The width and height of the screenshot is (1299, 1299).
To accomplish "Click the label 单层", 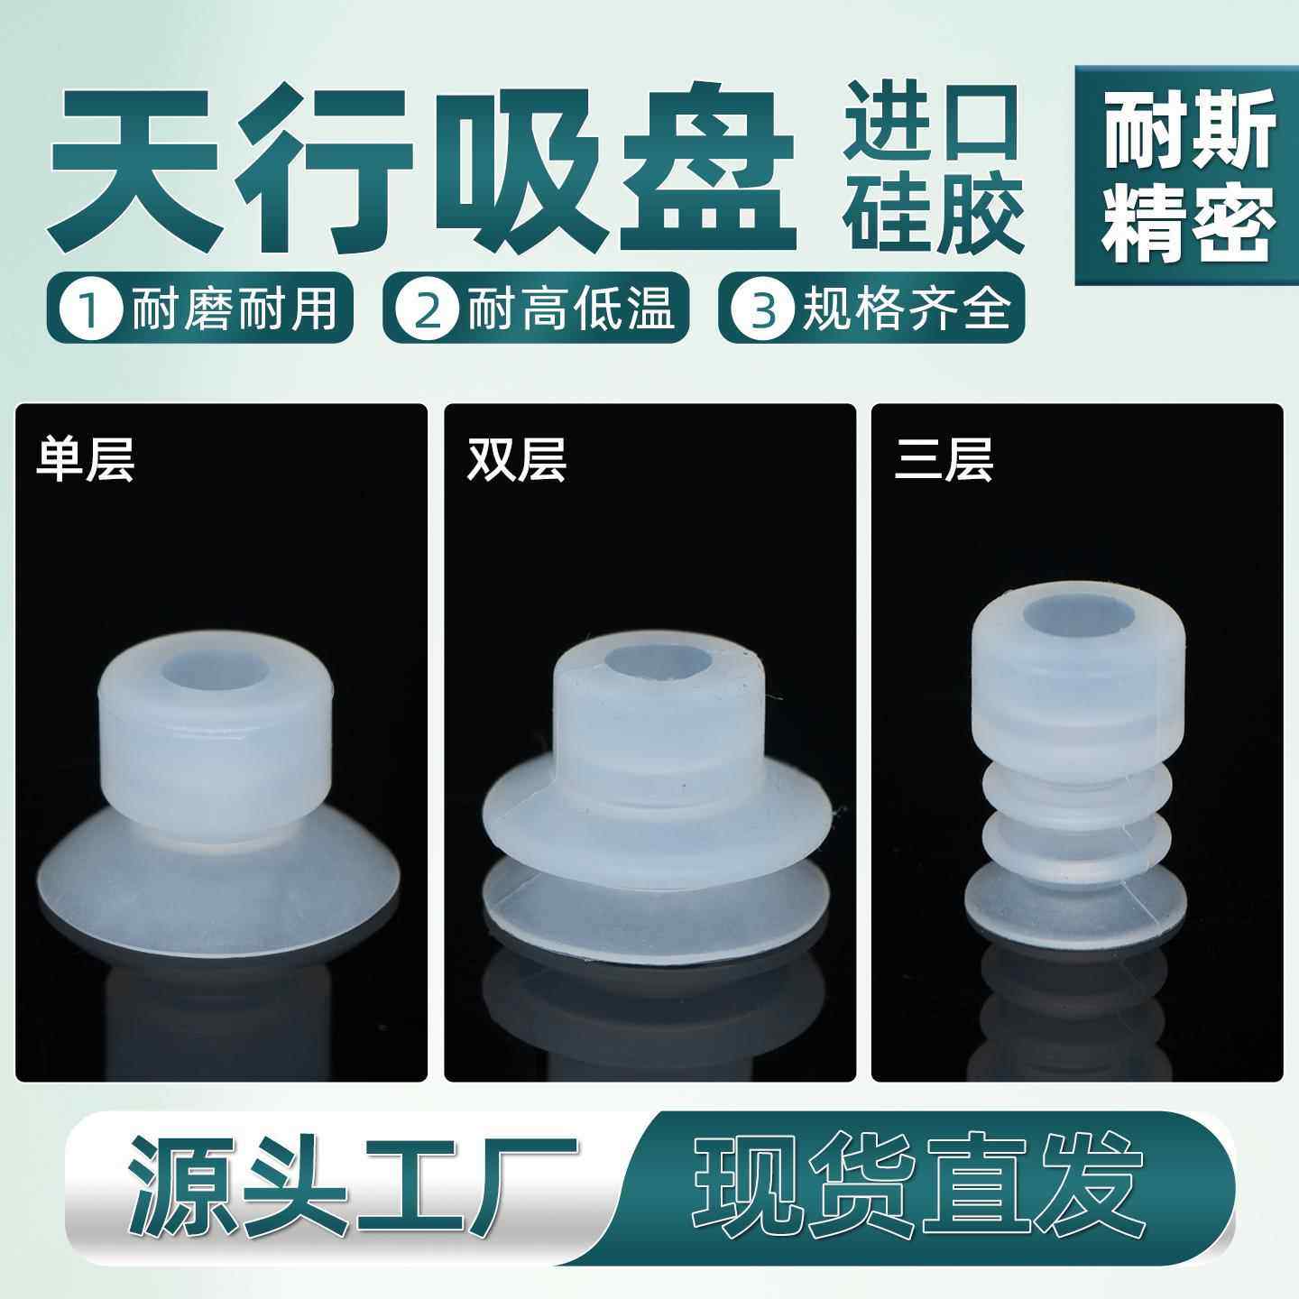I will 85,460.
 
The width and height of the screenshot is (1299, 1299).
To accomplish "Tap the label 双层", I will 516,460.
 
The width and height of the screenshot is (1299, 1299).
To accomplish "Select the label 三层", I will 944,460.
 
